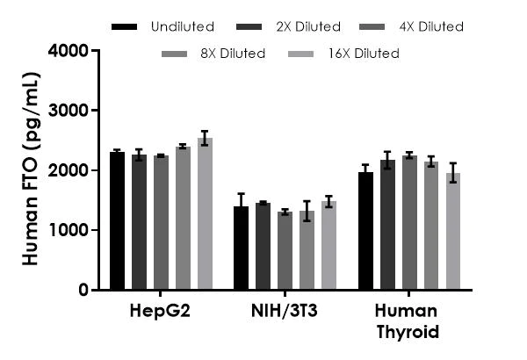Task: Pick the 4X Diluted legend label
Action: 430,26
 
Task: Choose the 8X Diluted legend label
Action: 232,54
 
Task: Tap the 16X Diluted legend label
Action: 365,54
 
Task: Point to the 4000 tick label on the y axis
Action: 69,51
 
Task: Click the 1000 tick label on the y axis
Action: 69,230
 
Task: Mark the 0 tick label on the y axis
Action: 83,290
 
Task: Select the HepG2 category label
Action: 161,313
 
